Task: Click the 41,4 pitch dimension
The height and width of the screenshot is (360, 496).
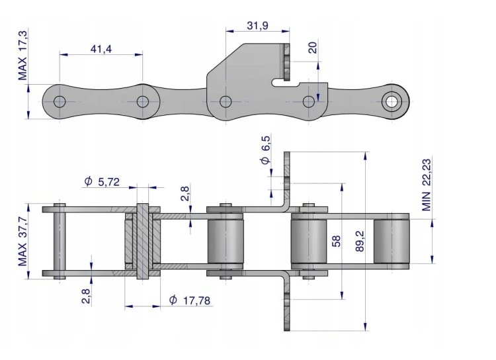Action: [x=101, y=49]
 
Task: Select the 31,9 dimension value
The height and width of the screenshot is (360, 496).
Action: [x=257, y=25]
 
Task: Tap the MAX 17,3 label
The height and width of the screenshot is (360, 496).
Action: [x=22, y=56]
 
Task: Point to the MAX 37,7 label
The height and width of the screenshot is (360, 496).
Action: [x=22, y=242]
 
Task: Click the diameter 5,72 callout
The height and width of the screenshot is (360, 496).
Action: [x=102, y=182]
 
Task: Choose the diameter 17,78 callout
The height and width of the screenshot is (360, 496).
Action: [x=190, y=300]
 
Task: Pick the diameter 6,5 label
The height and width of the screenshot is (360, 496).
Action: [x=266, y=150]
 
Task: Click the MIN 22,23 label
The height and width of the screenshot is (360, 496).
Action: [x=427, y=185]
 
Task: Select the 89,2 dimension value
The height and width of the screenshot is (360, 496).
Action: [x=360, y=242]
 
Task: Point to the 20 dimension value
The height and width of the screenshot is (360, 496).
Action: [x=312, y=48]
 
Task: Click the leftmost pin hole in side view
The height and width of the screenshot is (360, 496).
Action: [x=60, y=102]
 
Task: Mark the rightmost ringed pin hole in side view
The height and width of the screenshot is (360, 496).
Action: [x=392, y=102]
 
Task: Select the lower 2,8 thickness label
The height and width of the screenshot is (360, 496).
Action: [x=86, y=296]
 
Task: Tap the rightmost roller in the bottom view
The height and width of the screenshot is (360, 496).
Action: [x=392, y=242]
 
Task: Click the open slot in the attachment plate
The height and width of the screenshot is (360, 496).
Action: [x=286, y=83]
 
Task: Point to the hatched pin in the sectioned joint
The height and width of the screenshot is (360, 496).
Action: [x=142, y=241]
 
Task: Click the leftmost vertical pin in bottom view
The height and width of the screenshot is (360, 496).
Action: [x=60, y=242]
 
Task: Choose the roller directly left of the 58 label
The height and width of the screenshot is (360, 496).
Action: [x=308, y=242]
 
